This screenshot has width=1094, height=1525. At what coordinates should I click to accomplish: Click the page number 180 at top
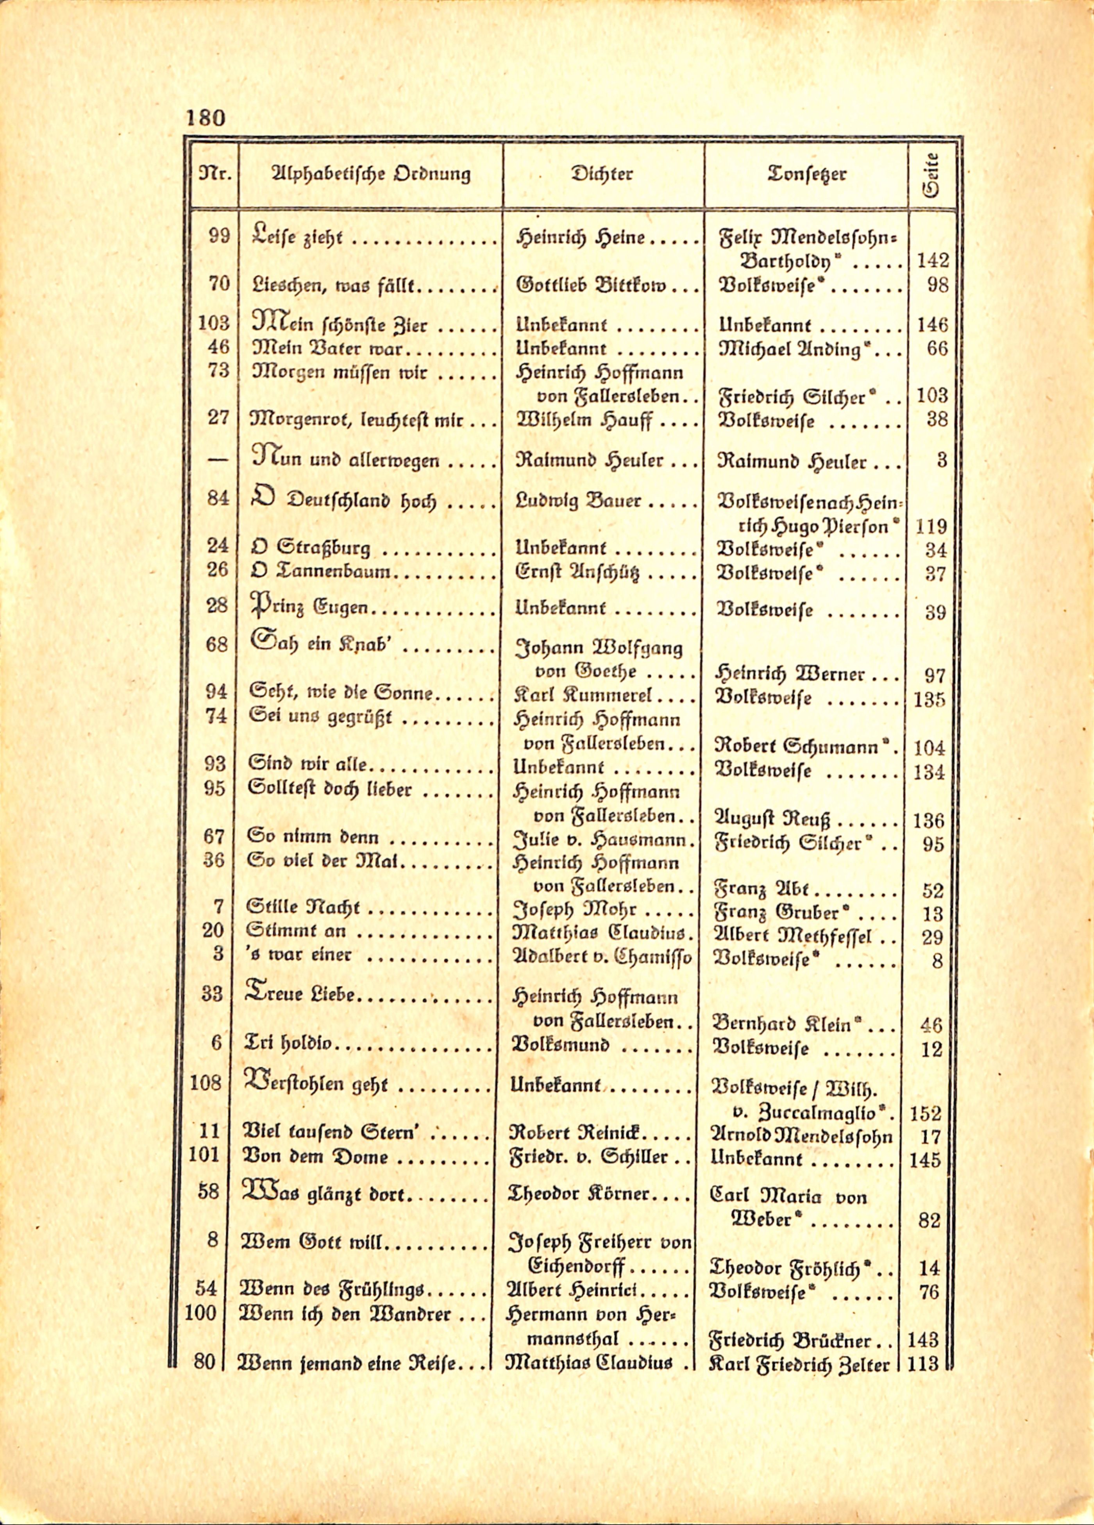point(205,118)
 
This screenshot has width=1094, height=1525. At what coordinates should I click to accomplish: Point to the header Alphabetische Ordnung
point(370,174)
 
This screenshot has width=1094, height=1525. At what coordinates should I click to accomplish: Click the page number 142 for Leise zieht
point(933,261)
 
